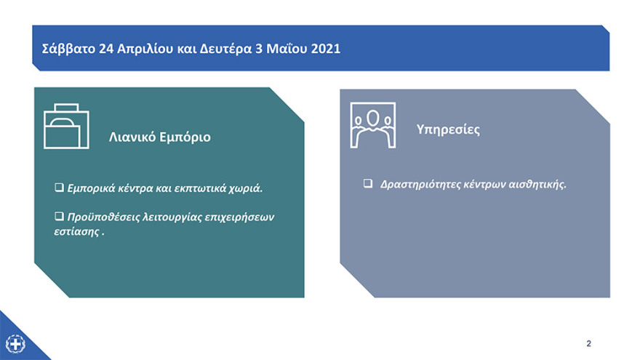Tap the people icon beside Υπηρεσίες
(x=373, y=125)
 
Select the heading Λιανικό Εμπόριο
(x=160, y=137)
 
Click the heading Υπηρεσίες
(x=448, y=130)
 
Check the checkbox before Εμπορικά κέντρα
(x=59, y=188)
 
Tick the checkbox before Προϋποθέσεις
(x=59, y=217)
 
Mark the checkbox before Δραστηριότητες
(x=368, y=184)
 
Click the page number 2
(x=589, y=343)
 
